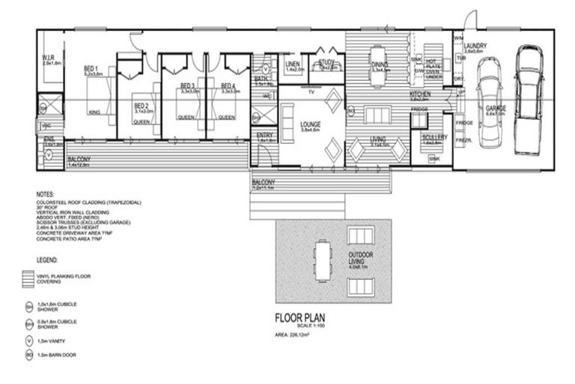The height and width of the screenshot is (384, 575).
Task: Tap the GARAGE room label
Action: coord(496,108)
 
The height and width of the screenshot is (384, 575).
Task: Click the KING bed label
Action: coord(94,112)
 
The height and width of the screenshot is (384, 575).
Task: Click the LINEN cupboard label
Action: coord(293,65)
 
